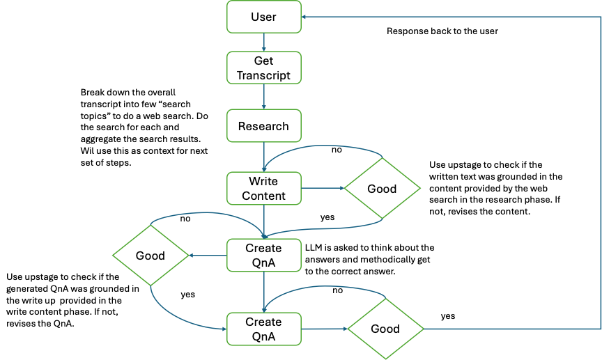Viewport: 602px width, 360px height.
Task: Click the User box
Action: coord(263,17)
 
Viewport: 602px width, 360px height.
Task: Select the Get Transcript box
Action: coord(263,68)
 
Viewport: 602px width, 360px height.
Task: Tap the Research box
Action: coord(263,126)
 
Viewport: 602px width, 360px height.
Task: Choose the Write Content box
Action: coord(263,189)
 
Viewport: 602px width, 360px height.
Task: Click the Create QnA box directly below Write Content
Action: coord(263,256)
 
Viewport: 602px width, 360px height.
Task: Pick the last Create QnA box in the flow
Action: coord(263,329)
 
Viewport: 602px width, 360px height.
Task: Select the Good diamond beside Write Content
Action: coord(382,189)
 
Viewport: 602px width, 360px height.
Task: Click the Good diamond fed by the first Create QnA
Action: coord(150,256)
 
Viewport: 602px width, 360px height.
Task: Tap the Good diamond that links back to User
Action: coord(385,329)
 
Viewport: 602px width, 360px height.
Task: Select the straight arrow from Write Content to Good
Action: coord(323,188)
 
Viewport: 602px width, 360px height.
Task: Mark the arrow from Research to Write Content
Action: coord(263,157)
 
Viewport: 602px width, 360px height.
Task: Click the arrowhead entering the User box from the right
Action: coord(306,17)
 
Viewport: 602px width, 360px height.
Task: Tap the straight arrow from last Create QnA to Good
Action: coord(324,329)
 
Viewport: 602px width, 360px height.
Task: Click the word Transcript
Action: coord(263,75)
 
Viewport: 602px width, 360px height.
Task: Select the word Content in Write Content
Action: coord(263,196)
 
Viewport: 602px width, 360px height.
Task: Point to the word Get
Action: coord(263,61)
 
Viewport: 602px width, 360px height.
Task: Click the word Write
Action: coord(263,182)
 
